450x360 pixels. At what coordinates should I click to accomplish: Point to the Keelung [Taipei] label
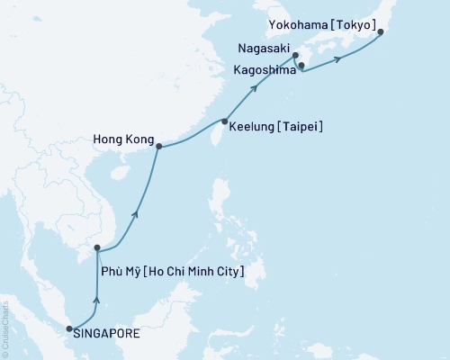[x=276, y=127]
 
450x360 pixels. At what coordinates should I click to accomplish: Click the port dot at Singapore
[x=70, y=329]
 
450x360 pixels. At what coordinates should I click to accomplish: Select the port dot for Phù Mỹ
[x=97, y=248]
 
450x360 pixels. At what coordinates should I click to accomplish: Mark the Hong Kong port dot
[x=159, y=146]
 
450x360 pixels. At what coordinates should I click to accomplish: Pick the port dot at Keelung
[x=224, y=121]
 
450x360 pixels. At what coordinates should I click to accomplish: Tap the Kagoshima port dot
[x=301, y=65]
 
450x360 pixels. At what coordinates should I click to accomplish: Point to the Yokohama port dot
[x=381, y=32]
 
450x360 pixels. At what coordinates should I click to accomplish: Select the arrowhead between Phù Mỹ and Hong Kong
[x=136, y=213]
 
